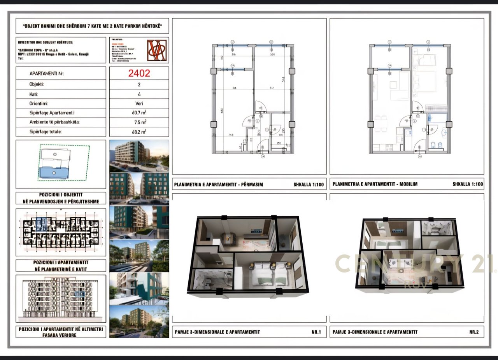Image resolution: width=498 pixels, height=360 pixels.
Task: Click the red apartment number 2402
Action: [x=139, y=73]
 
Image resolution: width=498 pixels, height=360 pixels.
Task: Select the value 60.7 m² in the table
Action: [x=139, y=113]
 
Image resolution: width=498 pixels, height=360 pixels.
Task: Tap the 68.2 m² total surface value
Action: [x=139, y=132]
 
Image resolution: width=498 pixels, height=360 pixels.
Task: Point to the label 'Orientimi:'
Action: [x=40, y=103]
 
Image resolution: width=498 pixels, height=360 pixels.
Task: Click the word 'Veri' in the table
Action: [x=139, y=103]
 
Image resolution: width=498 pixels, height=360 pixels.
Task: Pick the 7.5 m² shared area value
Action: [x=139, y=122]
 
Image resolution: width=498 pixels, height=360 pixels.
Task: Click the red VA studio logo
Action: [x=157, y=50]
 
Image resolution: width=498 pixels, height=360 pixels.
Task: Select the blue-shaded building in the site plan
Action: [x=54, y=172]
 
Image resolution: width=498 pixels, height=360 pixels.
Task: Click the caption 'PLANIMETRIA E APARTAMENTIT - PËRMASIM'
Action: [x=219, y=184]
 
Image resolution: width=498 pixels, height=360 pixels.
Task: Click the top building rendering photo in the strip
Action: [x=139, y=156]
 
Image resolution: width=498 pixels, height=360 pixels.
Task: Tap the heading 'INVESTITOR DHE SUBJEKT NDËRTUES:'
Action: [x=45, y=42]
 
